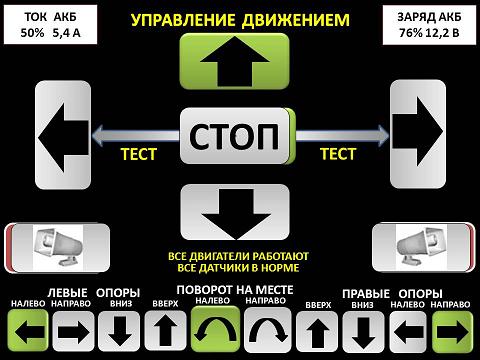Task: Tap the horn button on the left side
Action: [x=47, y=244]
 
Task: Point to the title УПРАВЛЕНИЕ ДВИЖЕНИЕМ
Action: [x=239, y=19]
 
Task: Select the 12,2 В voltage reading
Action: [x=440, y=31]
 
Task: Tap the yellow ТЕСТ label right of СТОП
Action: [x=337, y=154]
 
